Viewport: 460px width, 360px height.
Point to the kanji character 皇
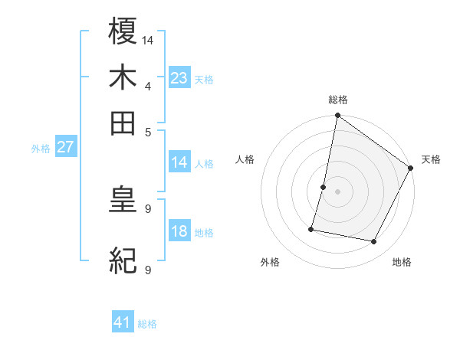point(123,201)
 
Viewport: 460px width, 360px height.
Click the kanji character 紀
point(123,261)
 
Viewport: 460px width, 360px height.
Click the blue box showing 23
point(179,78)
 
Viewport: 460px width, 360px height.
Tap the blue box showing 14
point(179,162)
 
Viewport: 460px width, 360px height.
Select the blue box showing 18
point(179,231)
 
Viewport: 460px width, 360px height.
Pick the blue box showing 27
point(64,147)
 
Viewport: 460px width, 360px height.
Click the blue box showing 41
point(123,322)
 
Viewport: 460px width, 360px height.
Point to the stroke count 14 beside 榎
point(148,40)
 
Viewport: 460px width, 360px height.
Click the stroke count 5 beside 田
point(148,131)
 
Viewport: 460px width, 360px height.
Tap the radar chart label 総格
point(338,100)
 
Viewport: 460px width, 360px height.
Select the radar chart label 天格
point(431,159)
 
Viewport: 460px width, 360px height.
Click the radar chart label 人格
point(245,159)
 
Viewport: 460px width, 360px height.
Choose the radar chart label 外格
point(270,262)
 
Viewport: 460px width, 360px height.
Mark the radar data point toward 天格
point(411,169)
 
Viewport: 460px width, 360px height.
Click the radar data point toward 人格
point(324,187)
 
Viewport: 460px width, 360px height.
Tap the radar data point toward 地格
point(374,242)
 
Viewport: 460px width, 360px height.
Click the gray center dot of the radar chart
point(338,191)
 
